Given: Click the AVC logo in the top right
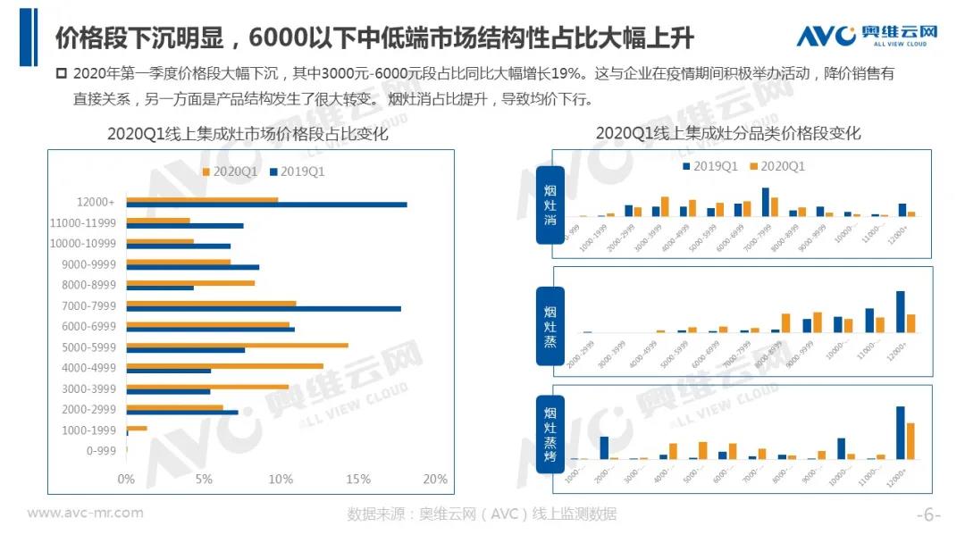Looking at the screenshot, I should tap(866, 35).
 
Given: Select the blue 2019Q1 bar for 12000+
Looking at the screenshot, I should tap(266, 205).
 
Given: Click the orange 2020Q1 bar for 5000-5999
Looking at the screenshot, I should tap(237, 345).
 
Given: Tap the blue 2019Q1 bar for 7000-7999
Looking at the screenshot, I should tap(264, 308).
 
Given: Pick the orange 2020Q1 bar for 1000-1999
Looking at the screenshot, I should tap(137, 428).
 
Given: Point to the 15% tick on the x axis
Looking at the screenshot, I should tap(357, 480).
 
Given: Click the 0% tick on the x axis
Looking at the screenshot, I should tap(126, 480).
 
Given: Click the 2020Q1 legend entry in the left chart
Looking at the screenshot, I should tap(231, 171).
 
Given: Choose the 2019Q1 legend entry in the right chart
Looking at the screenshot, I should tap(709, 166).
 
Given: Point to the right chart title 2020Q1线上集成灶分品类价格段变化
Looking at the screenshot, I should tap(727, 133).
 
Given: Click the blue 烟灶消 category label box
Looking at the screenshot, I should tap(550, 205).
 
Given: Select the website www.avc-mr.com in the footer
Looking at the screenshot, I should tap(85, 513).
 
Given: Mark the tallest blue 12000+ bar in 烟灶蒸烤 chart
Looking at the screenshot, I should tap(900, 432).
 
